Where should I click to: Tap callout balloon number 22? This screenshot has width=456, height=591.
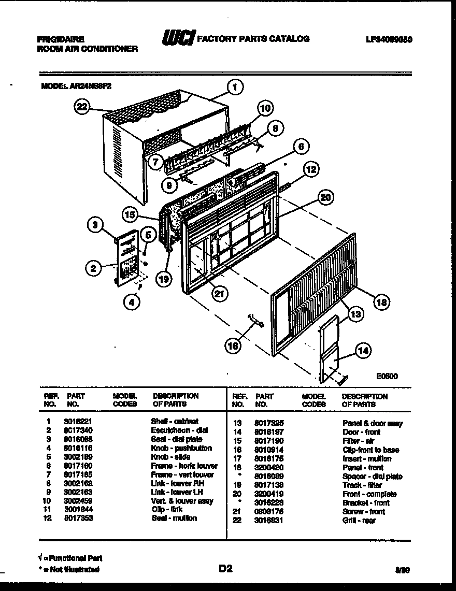point(82,108)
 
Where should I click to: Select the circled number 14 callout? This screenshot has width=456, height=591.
point(364,351)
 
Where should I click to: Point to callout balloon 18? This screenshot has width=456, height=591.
point(381,303)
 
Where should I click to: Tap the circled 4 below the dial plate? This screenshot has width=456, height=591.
point(133,302)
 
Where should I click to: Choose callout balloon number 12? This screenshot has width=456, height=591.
point(311,169)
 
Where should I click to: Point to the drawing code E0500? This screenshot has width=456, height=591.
point(388,377)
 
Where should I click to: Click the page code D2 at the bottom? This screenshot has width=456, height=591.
point(225,569)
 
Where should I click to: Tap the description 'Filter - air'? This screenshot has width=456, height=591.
point(358,441)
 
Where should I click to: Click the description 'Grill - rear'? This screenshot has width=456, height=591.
point(359,521)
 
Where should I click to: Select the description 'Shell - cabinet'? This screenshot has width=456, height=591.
point(175,422)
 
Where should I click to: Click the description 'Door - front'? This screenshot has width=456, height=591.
point(361,432)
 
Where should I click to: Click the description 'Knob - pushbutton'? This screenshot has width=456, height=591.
point(181,448)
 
